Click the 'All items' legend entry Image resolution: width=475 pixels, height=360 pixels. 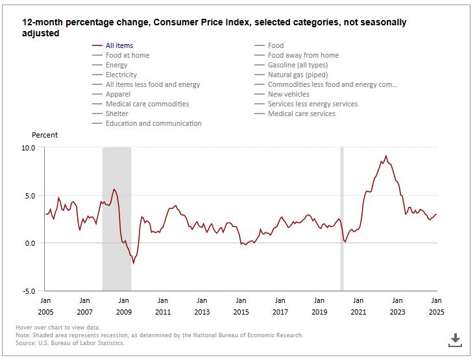tap(119, 45)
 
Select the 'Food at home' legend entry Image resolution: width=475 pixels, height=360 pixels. tap(127, 55)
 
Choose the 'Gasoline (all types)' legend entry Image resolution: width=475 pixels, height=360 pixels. tap(297, 65)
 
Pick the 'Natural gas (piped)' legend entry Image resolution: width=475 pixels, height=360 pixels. tap(297, 75)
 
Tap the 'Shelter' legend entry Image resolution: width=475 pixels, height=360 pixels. tap(117, 114)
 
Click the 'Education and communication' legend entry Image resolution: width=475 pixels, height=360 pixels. tap(153, 123)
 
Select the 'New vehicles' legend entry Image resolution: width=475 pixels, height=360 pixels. tap(288, 94)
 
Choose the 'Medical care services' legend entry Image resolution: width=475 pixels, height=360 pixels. tap(301, 114)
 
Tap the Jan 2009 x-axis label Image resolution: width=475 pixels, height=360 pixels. tap(123, 306)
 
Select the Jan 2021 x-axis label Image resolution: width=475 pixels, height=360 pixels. tap(358, 306)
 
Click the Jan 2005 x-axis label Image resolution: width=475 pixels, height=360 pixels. tap(45, 306)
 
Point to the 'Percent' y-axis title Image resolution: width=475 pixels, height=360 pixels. tap(45, 135)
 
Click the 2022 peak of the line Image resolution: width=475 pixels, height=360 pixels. tap(386, 156)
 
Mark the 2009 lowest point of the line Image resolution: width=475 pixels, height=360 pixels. tap(134, 263)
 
